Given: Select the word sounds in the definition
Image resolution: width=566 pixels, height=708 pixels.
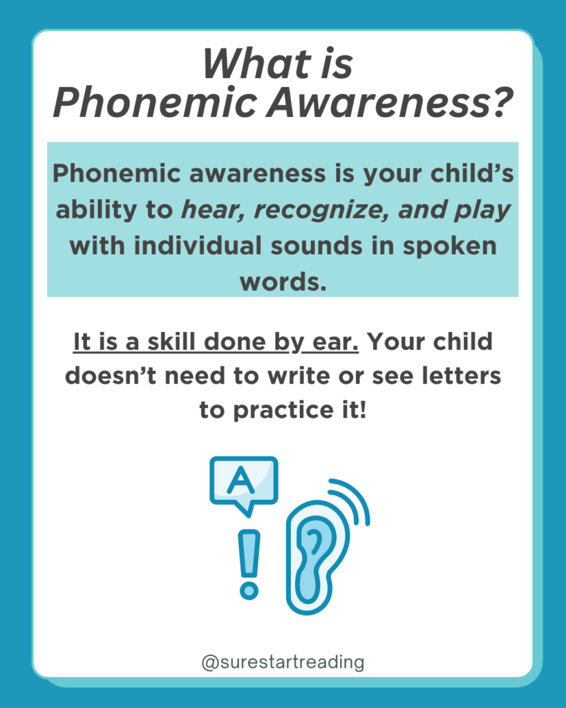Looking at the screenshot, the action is pos(317,247).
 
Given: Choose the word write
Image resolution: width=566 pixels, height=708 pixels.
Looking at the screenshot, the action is pos(299,376).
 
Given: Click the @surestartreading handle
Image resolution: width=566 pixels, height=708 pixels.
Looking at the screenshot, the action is pos(283,662).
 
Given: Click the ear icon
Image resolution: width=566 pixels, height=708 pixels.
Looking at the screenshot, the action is pos(317,558).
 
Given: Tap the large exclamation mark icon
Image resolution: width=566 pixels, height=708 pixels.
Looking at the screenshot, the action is pos(249,564).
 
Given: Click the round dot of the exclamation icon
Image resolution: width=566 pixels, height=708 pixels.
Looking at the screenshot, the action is pos(249,590).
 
